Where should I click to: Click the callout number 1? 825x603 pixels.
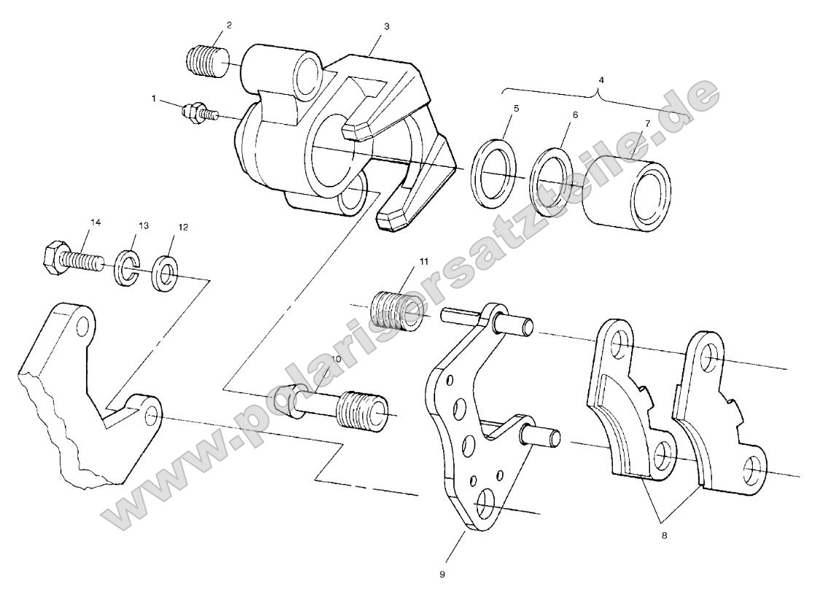pyautogui.click(x=155, y=97)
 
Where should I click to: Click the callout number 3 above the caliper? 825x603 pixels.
pyautogui.click(x=386, y=26)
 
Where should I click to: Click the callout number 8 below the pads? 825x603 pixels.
pyautogui.click(x=664, y=535)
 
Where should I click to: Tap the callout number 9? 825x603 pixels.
pyautogui.click(x=442, y=574)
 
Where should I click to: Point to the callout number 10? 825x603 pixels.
pyautogui.click(x=336, y=359)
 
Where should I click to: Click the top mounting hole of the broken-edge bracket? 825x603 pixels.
pyautogui.click(x=83, y=322)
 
